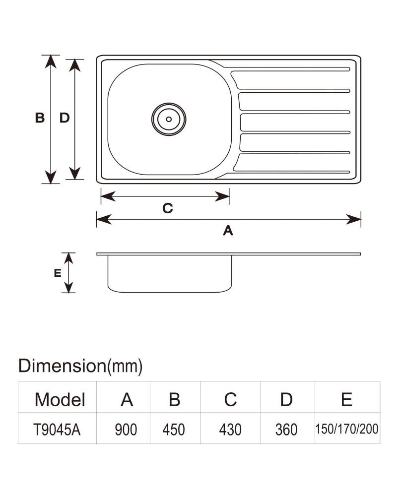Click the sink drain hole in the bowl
(169, 119)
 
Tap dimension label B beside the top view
(40, 118)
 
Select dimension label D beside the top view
(65, 118)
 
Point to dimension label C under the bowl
(168, 208)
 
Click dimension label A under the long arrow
(228, 231)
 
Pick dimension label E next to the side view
(58, 273)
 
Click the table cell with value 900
(126, 430)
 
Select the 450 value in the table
(174, 430)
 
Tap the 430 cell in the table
(230, 430)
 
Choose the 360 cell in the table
(286, 430)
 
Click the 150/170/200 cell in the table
(347, 429)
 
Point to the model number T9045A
(57, 430)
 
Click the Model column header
(60, 399)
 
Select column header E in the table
(347, 399)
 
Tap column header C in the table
(230, 399)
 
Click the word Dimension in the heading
(62, 366)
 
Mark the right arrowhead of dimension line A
(353, 219)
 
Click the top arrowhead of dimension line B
(51, 62)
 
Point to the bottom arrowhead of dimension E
(68, 287)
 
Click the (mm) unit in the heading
(125, 367)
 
